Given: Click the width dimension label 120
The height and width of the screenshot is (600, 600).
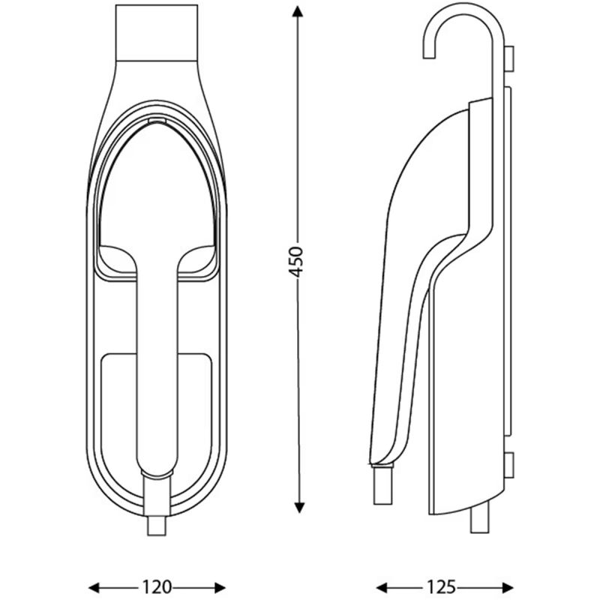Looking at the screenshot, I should pos(157,586).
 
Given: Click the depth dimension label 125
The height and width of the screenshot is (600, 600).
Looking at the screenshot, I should pos(444,586).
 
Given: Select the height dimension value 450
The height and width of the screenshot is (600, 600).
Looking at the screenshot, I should pos(298,260).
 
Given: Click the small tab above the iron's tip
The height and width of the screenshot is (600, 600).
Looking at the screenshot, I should pos(157,120).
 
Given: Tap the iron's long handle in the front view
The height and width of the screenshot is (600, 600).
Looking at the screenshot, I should pos(157,360).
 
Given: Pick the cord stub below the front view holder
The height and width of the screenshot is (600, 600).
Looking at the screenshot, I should pos(157,525).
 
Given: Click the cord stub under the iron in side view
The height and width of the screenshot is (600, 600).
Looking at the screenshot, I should pos(383,484).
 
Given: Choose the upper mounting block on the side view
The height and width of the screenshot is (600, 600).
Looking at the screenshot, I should pos(509,60).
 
